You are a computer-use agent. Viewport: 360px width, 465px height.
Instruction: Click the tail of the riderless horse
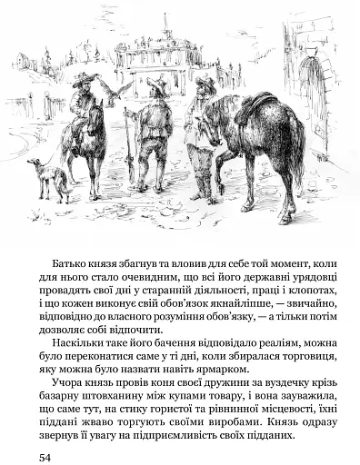pos(296,145)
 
